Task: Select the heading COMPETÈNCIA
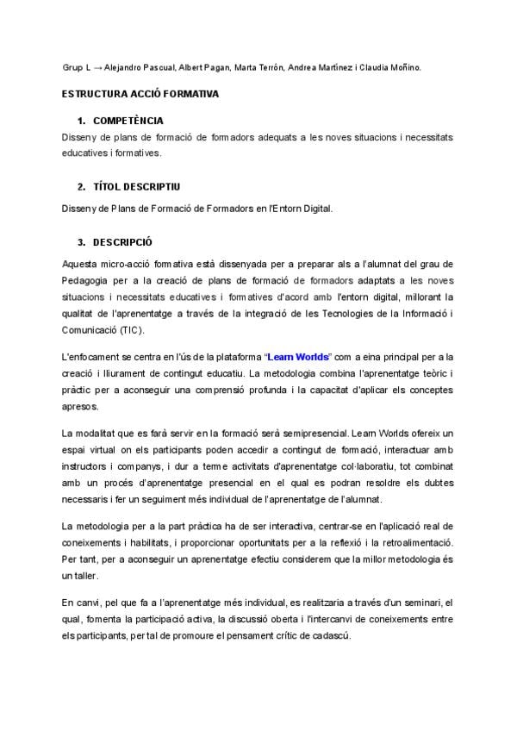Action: (x=128, y=121)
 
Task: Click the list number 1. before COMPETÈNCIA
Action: (x=81, y=121)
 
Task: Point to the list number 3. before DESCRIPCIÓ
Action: (x=81, y=242)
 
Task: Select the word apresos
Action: (x=81, y=406)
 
